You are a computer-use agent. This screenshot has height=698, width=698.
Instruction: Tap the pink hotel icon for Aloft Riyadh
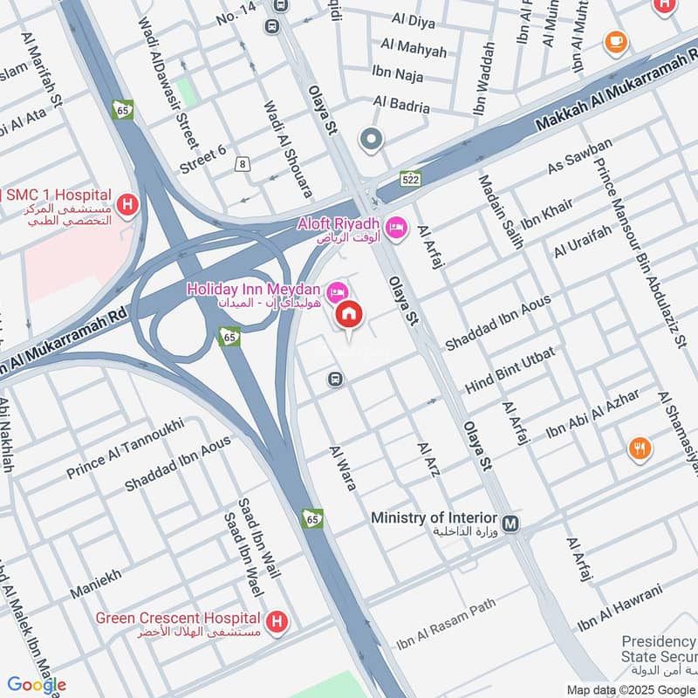click(397, 227)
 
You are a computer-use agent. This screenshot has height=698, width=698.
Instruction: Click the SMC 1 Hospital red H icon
click(128, 206)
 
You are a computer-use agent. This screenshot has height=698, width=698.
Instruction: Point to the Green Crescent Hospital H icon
click(277, 621)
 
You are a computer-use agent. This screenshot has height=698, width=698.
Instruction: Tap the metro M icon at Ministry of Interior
click(511, 524)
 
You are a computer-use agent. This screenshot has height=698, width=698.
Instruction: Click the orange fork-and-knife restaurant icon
click(640, 448)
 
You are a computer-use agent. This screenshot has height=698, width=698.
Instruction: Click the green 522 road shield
click(412, 179)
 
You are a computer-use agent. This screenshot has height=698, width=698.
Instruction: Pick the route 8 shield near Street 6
click(242, 163)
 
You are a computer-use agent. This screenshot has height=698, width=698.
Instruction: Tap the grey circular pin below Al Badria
click(372, 140)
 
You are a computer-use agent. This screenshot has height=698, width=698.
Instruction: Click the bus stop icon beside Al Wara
click(334, 379)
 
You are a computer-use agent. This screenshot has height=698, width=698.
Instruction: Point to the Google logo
click(37, 685)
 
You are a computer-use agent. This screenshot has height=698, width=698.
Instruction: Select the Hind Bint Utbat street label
click(511, 372)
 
